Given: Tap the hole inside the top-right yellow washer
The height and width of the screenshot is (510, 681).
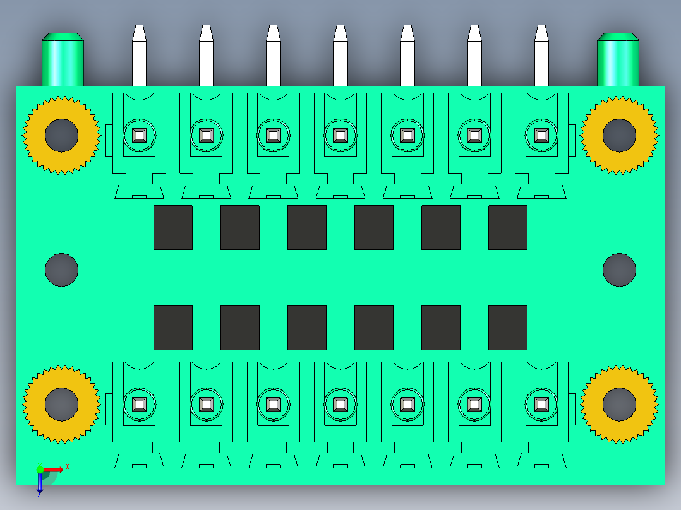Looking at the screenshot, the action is tap(619, 136).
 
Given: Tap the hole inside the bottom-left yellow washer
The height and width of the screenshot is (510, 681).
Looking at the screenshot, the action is tap(62, 405).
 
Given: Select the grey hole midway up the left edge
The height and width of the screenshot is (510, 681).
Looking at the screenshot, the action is tap(62, 270).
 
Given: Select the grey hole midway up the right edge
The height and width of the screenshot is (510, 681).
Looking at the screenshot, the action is tap(619, 270).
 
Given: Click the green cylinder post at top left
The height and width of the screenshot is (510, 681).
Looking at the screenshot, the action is tap(63, 59).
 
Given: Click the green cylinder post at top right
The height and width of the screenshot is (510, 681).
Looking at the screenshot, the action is tap(618, 59).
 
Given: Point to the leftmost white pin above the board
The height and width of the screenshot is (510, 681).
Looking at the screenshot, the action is tap(139, 56).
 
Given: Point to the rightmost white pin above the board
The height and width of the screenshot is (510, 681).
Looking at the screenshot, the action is tap(541, 56).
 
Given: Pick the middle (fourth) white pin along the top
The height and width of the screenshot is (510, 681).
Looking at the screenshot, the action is tap(340, 56).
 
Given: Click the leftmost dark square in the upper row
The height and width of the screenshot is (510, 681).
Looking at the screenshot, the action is tap(173, 227).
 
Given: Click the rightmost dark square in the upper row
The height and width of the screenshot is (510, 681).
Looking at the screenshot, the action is tap(508, 227).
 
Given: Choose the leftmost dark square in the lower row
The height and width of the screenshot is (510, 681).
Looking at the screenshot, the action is tap(173, 328).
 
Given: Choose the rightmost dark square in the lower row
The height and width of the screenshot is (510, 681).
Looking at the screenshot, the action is tap(508, 328).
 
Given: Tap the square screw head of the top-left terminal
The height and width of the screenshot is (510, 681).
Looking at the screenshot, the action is tap(140, 136).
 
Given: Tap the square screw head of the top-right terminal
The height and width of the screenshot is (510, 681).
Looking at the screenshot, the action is tap(541, 136).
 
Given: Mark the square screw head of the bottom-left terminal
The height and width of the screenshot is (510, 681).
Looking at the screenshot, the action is tap(140, 405).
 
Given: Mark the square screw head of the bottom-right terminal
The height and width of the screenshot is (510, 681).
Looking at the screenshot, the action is tap(541, 405).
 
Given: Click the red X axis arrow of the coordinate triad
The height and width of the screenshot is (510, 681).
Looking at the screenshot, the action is tap(53, 470).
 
